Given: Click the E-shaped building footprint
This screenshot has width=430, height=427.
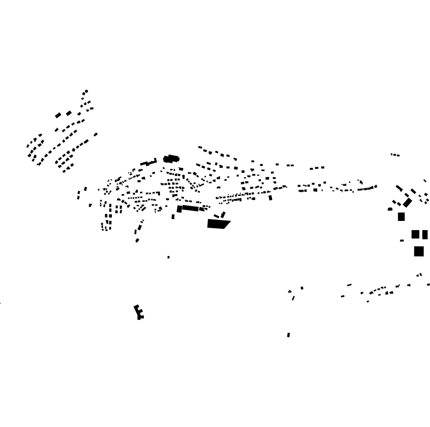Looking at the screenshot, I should point(138,311).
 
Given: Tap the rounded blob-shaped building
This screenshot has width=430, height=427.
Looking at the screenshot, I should point(171,159).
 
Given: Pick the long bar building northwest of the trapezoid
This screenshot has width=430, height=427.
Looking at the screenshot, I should point(190,208).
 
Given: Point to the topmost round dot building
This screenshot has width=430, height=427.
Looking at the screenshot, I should point(86,91).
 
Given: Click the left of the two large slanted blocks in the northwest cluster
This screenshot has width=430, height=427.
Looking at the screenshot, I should point(58,116).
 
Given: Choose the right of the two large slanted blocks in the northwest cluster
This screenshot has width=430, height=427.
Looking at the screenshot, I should point(69,113).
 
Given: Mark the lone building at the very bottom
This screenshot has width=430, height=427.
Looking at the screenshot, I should point(289,335).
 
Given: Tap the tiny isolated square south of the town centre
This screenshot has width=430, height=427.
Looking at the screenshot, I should point(168,257).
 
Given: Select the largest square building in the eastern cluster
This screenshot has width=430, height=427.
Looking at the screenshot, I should point(419,251).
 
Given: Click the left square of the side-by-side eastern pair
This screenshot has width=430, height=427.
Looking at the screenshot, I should point(415,234).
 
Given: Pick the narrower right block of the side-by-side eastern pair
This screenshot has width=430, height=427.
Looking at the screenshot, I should point(425,235).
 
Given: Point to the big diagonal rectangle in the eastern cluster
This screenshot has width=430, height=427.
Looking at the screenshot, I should point(407,203).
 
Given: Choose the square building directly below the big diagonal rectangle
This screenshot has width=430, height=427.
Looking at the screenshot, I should point(401,216).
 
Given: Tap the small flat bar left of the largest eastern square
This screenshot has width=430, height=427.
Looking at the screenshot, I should point(402,240).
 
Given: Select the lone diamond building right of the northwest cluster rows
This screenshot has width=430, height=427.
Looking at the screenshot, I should point(96,134).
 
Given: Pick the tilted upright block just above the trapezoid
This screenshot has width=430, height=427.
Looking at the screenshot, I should point(223,214).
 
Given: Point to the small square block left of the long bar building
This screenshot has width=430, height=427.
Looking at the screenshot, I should point(179,209).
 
